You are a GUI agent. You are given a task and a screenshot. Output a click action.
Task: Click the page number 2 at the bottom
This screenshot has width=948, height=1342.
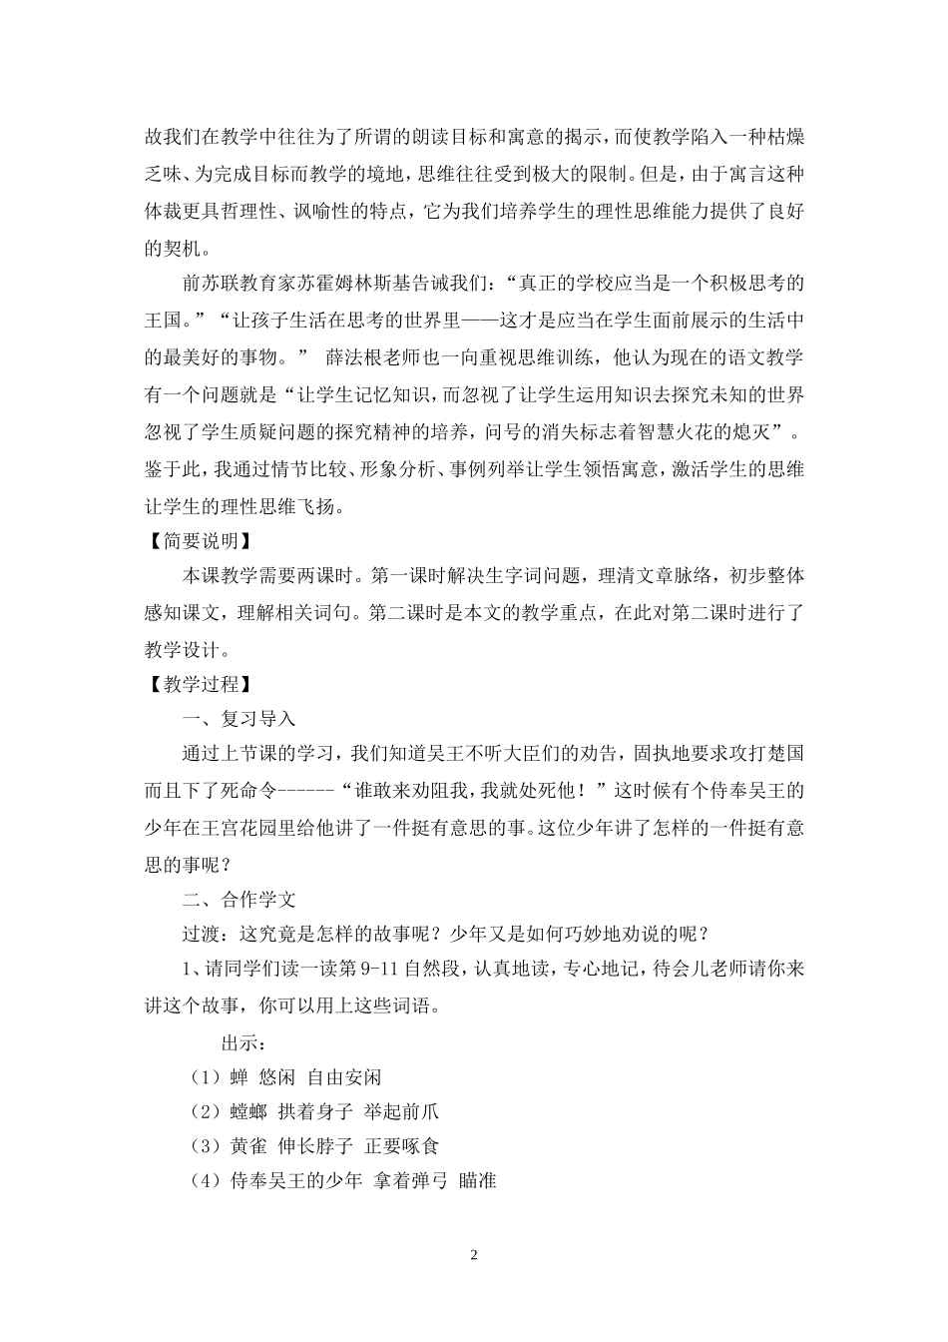point(474,1255)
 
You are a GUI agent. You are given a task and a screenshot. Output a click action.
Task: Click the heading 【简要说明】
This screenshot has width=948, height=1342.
point(196,540)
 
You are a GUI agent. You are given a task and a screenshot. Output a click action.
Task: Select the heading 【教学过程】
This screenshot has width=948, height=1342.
point(196,684)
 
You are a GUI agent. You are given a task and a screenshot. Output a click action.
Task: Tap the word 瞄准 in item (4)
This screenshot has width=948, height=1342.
point(478,1181)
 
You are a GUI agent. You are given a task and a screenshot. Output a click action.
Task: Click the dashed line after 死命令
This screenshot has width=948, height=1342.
point(302,792)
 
